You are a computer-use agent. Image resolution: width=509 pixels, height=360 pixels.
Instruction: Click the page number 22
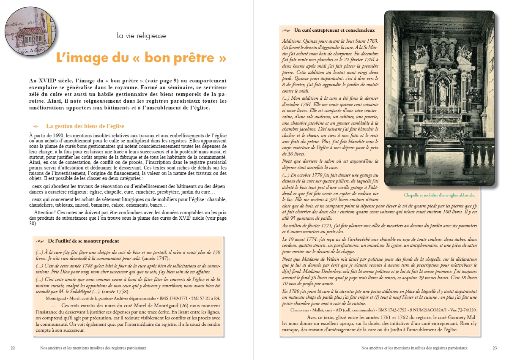13,348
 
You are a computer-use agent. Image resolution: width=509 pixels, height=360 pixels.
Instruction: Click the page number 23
495,348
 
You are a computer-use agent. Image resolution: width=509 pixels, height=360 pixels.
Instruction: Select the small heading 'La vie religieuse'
141,36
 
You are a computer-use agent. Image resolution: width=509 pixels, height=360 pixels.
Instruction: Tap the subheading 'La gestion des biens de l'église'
85,126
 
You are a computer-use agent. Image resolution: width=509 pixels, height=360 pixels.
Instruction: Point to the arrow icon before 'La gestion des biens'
36,126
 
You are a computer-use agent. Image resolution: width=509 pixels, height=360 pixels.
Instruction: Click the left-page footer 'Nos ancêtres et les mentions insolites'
92,348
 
